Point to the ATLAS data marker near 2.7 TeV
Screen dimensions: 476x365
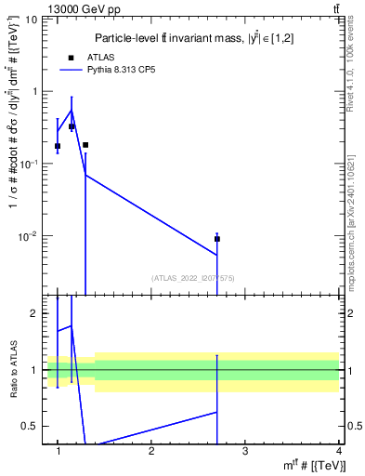(217, 239)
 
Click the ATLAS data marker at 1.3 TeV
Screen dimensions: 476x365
(85, 145)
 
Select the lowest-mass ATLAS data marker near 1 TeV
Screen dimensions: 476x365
(58, 146)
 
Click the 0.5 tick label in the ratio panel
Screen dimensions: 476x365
(31, 426)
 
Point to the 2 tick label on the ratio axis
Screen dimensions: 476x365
(34, 313)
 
